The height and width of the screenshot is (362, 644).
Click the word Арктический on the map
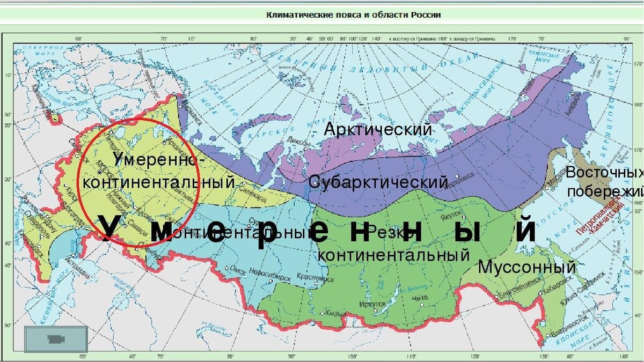378,129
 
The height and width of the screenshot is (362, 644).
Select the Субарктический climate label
378,182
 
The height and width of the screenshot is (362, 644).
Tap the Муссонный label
526,267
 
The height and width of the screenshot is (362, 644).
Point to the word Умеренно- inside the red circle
159,159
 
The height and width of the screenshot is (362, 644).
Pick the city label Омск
237,272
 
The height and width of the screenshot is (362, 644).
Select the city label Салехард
253,198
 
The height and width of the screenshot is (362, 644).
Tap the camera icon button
56,339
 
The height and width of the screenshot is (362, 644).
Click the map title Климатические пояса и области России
354,15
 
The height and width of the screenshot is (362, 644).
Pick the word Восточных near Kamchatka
604,173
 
